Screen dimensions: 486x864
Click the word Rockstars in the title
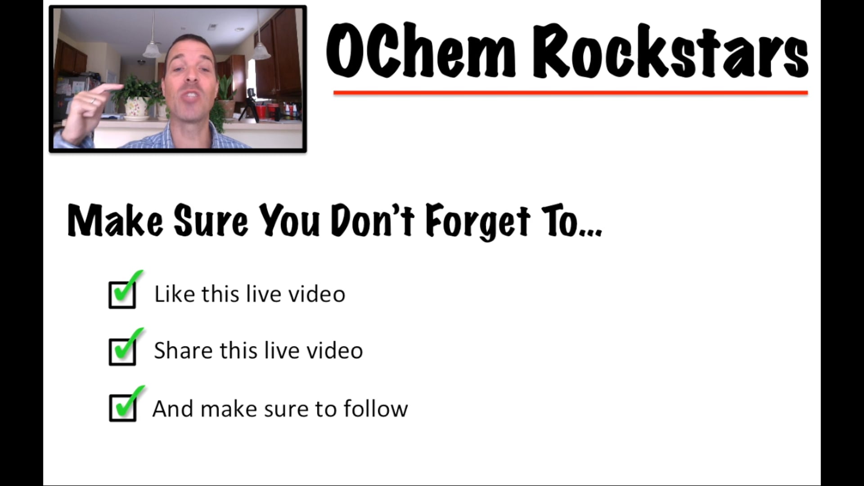click(670, 52)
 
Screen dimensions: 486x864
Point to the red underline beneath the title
click(570, 93)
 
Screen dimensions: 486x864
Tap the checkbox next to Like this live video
click(122, 295)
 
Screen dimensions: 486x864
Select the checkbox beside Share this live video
click(122, 351)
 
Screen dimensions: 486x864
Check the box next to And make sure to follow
click(123, 408)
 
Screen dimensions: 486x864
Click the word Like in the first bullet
click(174, 294)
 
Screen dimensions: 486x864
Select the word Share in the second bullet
click(183, 351)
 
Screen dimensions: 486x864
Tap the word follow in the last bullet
click(376, 409)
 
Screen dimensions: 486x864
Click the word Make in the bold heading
click(115, 220)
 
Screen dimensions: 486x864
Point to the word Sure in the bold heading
click(211, 220)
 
